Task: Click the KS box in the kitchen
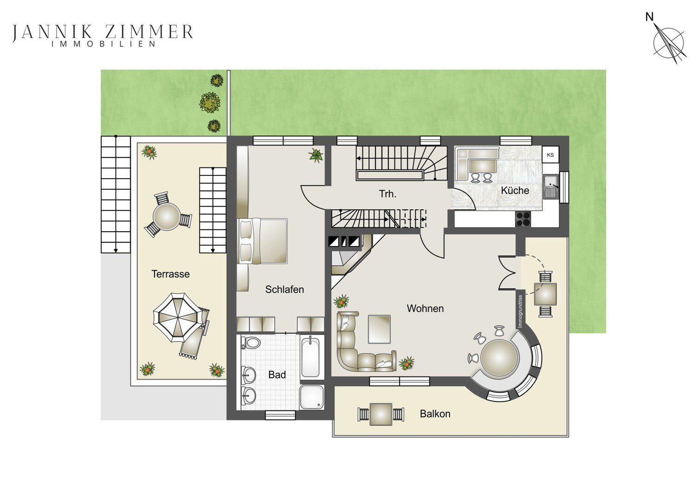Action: pyautogui.click(x=550, y=155)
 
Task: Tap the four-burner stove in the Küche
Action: pyautogui.click(x=523, y=219)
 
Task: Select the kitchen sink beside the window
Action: pyautogui.click(x=551, y=187)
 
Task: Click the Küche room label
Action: pyautogui.click(x=515, y=190)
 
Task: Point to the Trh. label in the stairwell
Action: pyautogui.click(x=387, y=194)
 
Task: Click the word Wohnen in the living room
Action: pyautogui.click(x=425, y=308)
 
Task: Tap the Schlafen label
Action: pyautogui.click(x=284, y=289)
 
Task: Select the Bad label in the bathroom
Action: pyautogui.click(x=277, y=375)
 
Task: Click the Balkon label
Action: pyautogui.click(x=435, y=414)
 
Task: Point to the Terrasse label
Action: pyautogui.click(x=170, y=274)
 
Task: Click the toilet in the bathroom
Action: pyautogui.click(x=251, y=343)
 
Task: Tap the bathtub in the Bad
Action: pyautogui.click(x=310, y=357)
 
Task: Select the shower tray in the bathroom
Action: pyautogui.click(x=312, y=397)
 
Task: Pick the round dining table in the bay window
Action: pyautogui.click(x=499, y=358)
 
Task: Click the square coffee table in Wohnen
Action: pyautogui.click(x=379, y=329)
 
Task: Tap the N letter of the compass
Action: pyautogui.click(x=650, y=17)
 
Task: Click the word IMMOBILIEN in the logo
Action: pyautogui.click(x=103, y=44)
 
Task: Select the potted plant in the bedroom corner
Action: pyautogui.click(x=316, y=155)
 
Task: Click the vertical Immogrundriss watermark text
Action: pyautogui.click(x=520, y=311)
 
